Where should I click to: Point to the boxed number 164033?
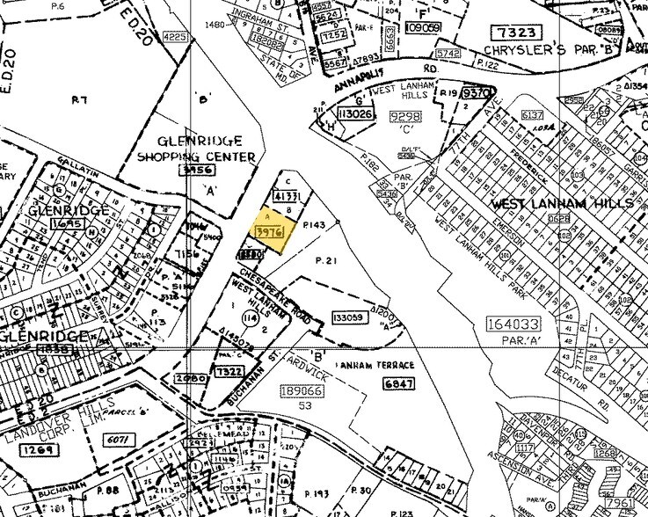pos(514,325)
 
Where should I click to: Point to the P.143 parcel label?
pos(314,226)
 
